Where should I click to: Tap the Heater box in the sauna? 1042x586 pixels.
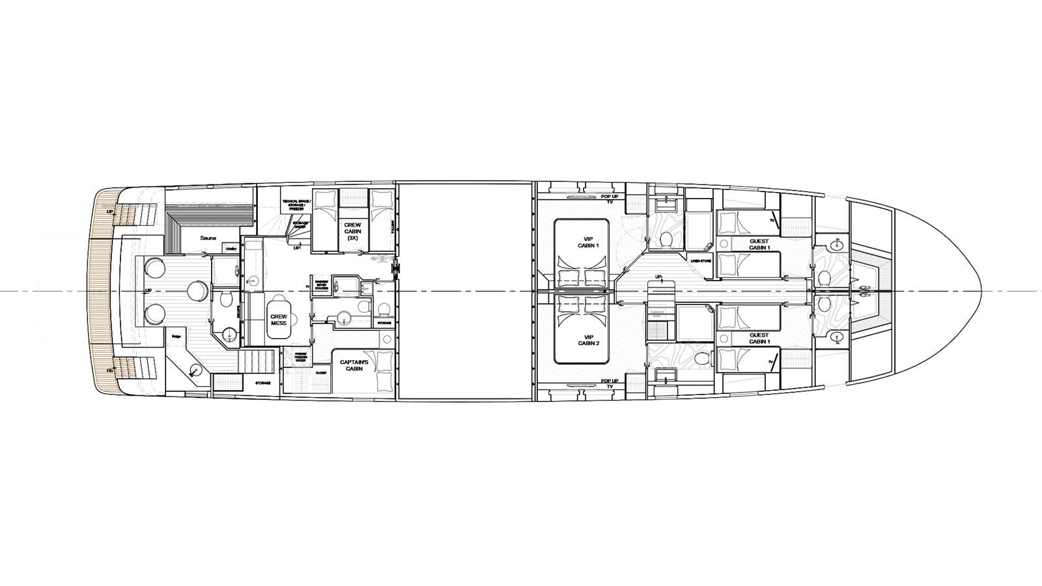pos(231,249)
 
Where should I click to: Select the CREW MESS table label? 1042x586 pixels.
pos(279,319)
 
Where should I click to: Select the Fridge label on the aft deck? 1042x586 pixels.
pos(176,336)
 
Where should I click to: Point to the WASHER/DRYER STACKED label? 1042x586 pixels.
pos(322,285)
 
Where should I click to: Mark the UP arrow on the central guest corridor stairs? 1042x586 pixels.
pos(658,277)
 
